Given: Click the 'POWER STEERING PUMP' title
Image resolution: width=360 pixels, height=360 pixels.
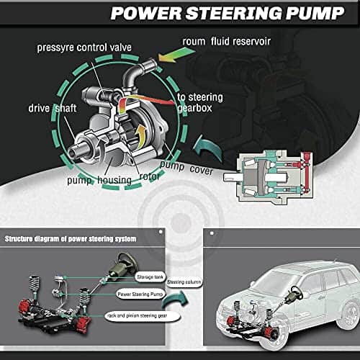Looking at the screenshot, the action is [x=228, y=13].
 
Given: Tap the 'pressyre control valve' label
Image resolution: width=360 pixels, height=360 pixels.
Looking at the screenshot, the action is [x=84, y=48].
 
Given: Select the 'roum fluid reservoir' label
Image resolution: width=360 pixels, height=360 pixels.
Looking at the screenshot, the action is [x=227, y=41].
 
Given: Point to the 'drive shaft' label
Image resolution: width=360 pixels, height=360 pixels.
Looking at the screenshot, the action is [x=53, y=108].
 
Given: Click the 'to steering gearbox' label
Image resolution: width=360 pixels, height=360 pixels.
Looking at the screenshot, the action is [x=200, y=103].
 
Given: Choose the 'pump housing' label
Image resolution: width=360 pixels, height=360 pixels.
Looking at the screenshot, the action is [x=99, y=180].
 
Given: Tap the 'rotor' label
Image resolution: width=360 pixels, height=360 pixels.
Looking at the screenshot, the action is [x=149, y=176].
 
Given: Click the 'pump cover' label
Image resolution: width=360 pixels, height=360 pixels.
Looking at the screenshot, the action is [x=186, y=168].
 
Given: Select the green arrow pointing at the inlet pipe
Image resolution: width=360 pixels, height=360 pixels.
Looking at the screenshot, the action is [x=176, y=54].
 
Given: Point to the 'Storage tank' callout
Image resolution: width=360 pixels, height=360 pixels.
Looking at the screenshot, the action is [x=150, y=277].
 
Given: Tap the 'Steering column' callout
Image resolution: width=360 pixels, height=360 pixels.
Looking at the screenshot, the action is [x=184, y=282].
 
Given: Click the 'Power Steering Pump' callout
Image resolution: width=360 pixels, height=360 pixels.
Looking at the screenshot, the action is [x=140, y=294].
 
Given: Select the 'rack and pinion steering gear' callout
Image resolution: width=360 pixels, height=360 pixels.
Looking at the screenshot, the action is [x=142, y=316].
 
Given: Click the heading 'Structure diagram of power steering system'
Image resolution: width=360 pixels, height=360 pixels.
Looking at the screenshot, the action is [x=71, y=239].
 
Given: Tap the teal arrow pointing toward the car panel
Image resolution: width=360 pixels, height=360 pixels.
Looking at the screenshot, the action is [x=175, y=300].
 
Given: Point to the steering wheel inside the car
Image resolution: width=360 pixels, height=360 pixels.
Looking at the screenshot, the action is [x=295, y=293].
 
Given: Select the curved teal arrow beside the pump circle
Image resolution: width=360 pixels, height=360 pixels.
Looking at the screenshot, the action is [x=208, y=148].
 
